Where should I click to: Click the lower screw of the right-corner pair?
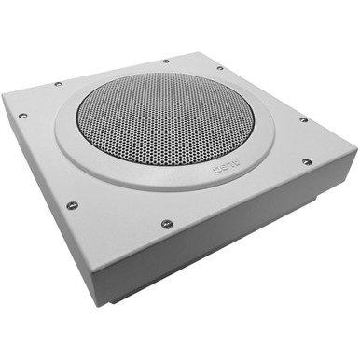click(x=307, y=162)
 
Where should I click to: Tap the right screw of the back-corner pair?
click(x=220, y=67)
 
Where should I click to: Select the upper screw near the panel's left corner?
click(x=58, y=83)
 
